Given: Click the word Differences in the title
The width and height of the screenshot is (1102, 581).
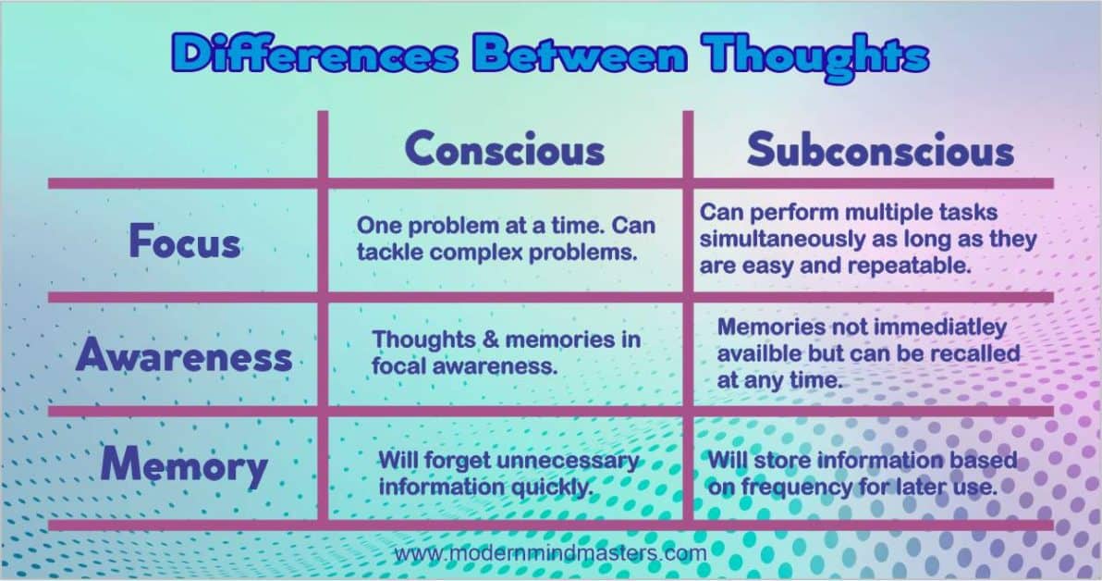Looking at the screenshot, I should [314, 56].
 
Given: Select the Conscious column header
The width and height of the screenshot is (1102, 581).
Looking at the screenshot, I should [505, 150].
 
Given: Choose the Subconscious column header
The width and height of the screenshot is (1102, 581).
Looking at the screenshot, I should [880, 151].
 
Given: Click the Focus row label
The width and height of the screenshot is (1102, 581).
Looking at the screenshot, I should [185, 242].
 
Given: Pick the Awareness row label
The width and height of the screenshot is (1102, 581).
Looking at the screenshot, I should [184, 356].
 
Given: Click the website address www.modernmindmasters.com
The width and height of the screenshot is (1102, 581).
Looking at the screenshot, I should [550, 553].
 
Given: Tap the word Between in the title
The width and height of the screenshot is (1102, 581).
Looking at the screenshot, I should [580, 56].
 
